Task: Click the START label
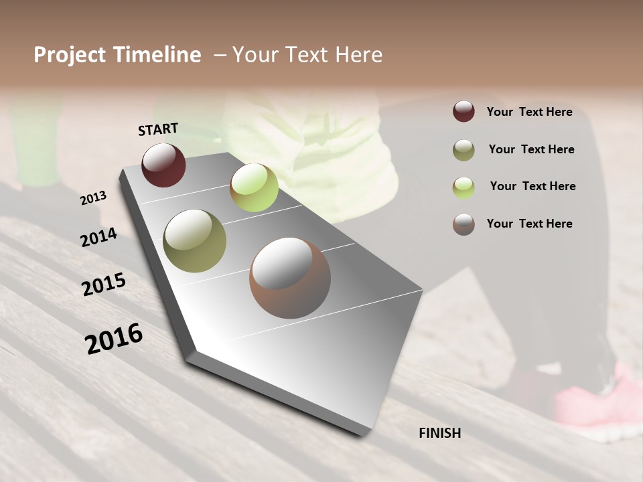[158, 129]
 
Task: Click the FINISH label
[440, 433]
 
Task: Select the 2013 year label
[94, 198]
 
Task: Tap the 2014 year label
[98, 237]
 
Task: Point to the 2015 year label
[104, 285]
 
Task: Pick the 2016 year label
[114, 338]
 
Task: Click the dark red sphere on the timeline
[163, 165]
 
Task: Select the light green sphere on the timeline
[254, 187]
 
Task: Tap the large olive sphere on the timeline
[194, 241]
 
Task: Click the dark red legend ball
[463, 112]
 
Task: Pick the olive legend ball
[463, 150]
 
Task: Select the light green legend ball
[463, 187]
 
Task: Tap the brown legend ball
[463, 224]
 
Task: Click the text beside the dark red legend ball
[529, 112]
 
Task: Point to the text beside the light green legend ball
[532, 186]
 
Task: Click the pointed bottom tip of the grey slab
[362, 434]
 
